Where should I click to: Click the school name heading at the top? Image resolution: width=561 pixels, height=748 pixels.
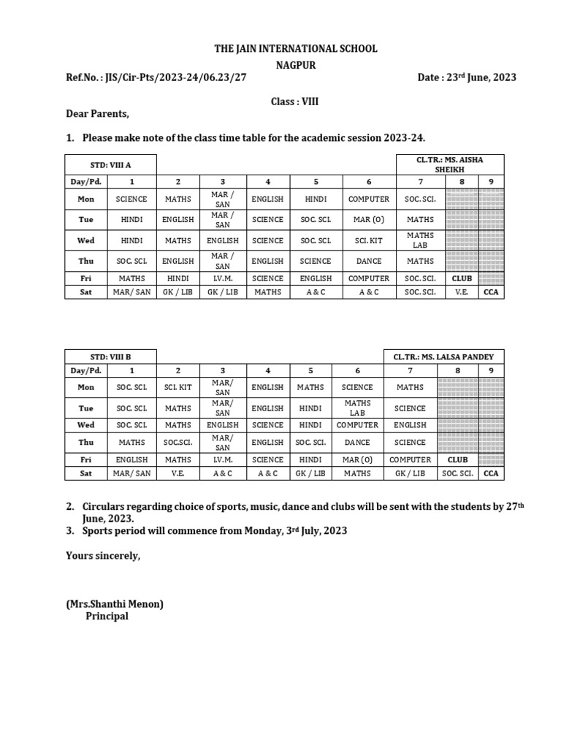[x=296, y=48]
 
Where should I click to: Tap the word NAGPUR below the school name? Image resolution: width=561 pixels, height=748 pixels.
[x=296, y=64]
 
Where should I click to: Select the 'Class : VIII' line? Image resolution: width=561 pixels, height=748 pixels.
[x=294, y=102]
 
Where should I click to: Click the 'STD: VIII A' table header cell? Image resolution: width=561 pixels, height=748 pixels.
[x=111, y=164]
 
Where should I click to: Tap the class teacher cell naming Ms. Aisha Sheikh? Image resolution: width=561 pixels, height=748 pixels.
[x=449, y=164]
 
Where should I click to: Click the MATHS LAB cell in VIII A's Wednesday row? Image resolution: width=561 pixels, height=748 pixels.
[x=420, y=240]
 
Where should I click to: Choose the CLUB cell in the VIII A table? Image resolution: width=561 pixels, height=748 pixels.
[x=462, y=278]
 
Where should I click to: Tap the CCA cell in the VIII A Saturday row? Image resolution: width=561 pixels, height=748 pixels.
[x=491, y=292]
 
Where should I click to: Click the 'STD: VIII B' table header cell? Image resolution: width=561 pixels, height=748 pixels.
[x=111, y=356]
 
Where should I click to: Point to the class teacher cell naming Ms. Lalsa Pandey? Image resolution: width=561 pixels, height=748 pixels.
[x=443, y=356]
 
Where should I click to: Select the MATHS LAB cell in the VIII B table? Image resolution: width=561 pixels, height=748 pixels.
[x=357, y=408]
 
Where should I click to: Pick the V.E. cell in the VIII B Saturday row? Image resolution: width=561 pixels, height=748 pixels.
[x=178, y=473]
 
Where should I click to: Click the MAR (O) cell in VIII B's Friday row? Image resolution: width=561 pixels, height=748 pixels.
[x=357, y=459]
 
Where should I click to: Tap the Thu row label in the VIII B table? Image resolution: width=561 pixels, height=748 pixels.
[x=86, y=442]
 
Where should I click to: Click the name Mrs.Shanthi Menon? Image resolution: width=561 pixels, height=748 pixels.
[x=115, y=603]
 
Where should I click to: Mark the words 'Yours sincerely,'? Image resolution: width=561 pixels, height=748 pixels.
[x=102, y=556]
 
